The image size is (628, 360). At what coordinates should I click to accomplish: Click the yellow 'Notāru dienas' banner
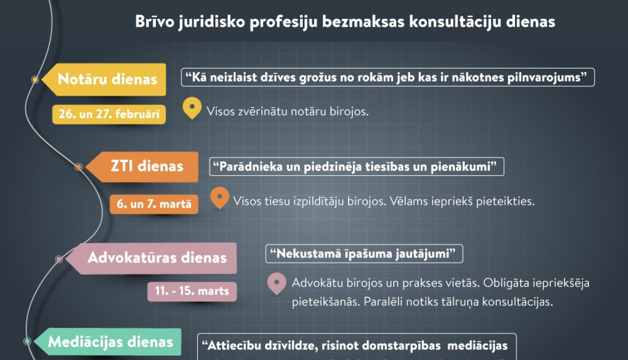coord(107,79)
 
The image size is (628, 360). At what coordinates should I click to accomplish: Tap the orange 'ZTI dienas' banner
coord(147,166)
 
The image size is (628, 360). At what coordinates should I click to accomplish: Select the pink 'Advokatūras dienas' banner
coord(157,257)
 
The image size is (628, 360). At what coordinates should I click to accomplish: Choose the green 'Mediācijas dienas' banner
coord(111,342)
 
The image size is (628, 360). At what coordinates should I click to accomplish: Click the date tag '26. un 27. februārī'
coord(109,114)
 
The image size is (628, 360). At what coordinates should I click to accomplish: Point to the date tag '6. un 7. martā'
coord(154,204)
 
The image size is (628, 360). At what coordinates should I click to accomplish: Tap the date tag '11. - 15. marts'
coord(192,291)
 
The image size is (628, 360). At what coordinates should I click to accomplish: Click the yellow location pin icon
coord(192,107)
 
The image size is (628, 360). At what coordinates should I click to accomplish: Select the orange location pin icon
coord(219,196)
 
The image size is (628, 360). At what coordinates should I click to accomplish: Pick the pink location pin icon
coord(276,283)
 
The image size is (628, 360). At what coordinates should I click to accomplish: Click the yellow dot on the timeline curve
coord(35,80)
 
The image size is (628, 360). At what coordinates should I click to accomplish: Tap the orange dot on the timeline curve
coord(78,167)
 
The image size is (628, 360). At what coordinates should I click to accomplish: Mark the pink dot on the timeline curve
coord(59,260)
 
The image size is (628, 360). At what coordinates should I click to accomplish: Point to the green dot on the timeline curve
coord(27,341)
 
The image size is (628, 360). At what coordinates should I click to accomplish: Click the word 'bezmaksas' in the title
coord(363,22)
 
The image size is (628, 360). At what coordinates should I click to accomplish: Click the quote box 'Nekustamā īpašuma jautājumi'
coord(364,254)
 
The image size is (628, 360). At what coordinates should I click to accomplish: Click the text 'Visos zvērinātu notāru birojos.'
coord(288,111)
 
